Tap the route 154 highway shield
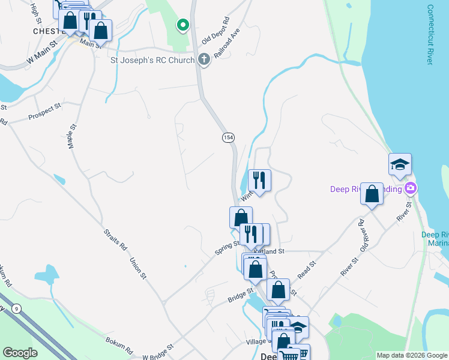click(228, 137)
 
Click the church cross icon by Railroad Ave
click(204, 59)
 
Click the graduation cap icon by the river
click(400, 164)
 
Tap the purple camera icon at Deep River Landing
click(411, 188)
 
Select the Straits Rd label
click(116, 239)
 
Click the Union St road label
click(138, 268)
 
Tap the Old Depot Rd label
click(216, 29)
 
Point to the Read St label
click(306, 264)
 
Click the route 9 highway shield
click(17, 308)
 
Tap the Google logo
click(20, 353)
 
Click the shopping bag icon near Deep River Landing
click(372, 194)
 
